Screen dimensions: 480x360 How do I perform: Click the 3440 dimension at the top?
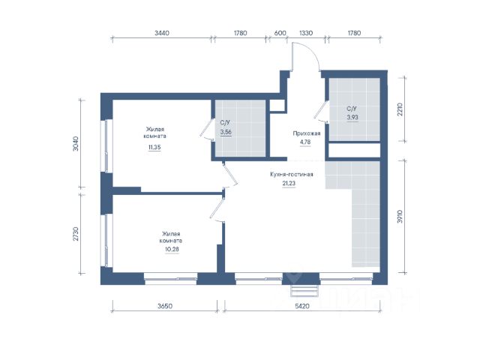[x=162, y=33]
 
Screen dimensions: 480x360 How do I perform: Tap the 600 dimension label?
[x=280, y=33]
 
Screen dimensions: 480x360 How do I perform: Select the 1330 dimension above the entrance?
[x=306, y=33]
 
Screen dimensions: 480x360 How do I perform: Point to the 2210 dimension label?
[x=400, y=109]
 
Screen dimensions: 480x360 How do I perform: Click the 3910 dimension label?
[x=400, y=216]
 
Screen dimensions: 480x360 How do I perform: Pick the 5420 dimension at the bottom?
[x=302, y=306]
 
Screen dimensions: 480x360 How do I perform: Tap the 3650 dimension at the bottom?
[x=165, y=306]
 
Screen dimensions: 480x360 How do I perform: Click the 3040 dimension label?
[x=76, y=143]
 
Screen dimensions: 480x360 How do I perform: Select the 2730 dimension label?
[x=76, y=233]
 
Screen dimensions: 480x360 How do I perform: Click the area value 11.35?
[x=154, y=147]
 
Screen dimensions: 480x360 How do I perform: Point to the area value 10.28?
[x=172, y=249]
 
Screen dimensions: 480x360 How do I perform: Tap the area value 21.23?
[x=289, y=183]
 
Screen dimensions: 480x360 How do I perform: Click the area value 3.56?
[x=226, y=132]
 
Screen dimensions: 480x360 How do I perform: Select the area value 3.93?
[x=352, y=117]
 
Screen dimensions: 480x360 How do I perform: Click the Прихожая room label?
[x=307, y=133]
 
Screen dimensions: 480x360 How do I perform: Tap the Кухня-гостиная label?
[x=292, y=174]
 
